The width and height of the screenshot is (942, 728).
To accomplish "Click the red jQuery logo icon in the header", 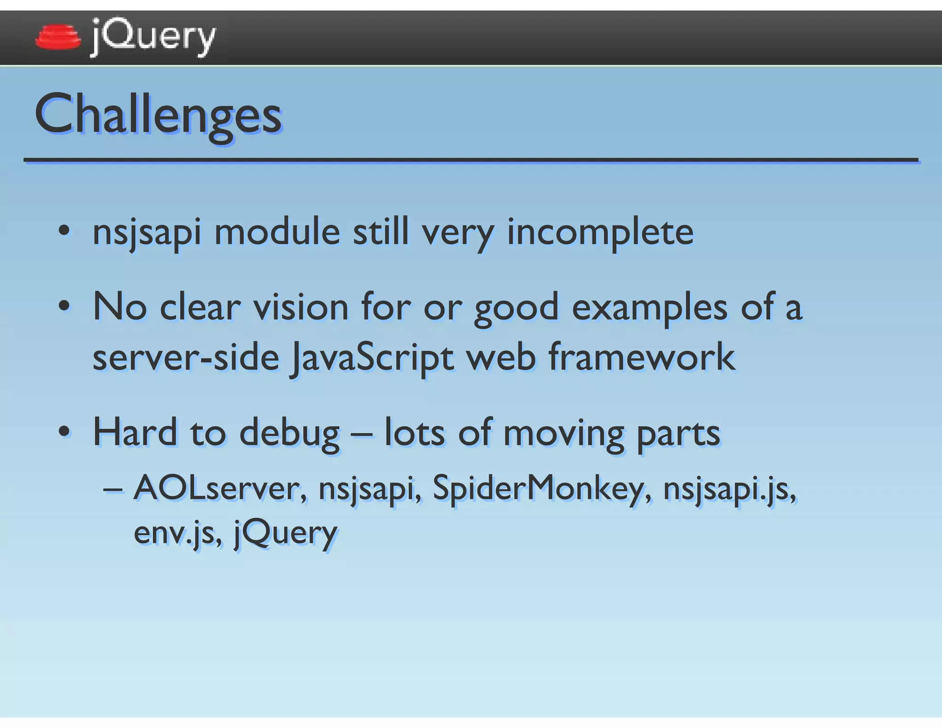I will [x=57, y=37].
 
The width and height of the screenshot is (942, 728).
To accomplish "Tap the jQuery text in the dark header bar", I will [x=153, y=37].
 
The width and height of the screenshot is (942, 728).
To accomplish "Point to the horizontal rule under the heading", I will [x=471, y=160].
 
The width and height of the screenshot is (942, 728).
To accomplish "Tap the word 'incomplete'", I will [x=600, y=232].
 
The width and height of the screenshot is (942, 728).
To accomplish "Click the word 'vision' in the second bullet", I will [x=301, y=307].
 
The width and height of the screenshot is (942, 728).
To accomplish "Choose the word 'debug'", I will [x=289, y=433].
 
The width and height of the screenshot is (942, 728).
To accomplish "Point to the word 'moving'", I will [x=563, y=433].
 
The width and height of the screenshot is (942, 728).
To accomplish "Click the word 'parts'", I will [x=678, y=433].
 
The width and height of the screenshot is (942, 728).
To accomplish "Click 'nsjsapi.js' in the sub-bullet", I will [x=729, y=489].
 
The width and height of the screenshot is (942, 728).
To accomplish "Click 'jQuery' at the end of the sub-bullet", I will [x=286, y=532].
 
